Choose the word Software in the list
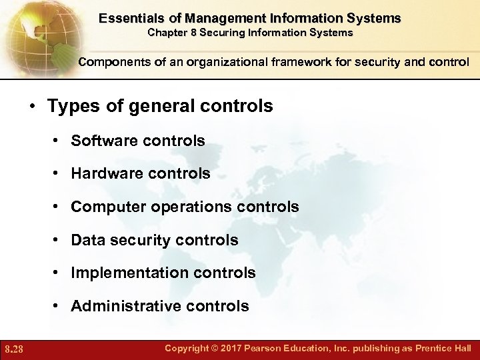pos(100,141)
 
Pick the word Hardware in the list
pos(103,174)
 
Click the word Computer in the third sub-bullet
pos(103,207)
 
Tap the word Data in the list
pos(85,240)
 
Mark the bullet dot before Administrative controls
pos(59,307)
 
